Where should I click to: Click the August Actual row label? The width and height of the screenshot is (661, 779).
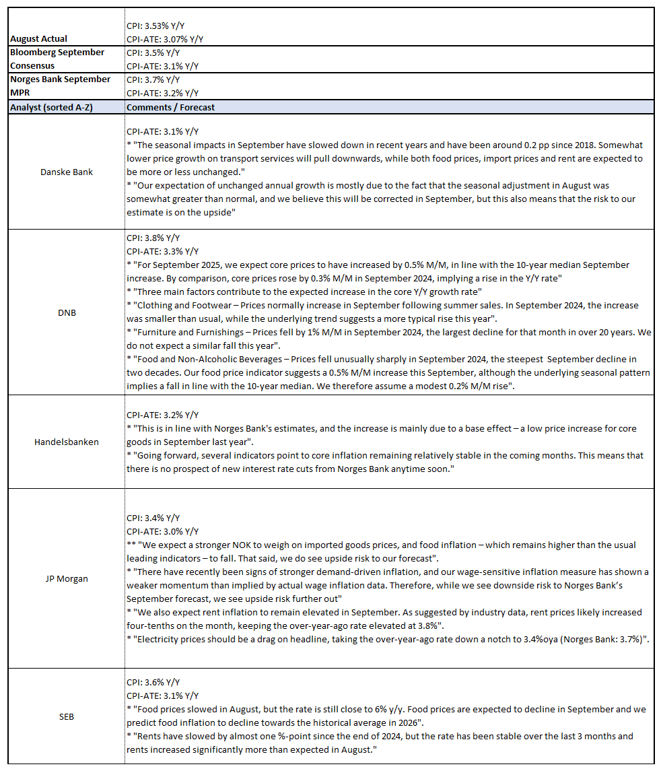click(38, 39)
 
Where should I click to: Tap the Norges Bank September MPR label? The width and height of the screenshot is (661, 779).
click(59, 86)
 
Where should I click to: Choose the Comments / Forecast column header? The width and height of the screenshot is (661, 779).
click(171, 107)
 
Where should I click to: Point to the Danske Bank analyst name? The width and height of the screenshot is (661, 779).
click(67, 172)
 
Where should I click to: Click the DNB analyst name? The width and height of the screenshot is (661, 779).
click(67, 312)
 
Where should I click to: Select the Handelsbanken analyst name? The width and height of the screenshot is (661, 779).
click(67, 442)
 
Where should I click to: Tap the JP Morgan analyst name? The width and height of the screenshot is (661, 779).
click(67, 578)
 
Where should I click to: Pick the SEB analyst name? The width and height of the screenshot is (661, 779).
click(67, 716)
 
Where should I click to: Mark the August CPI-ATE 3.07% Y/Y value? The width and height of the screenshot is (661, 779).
click(165, 39)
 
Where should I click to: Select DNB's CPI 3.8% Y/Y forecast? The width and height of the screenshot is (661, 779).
click(153, 238)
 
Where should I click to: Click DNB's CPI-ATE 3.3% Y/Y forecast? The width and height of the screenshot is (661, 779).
click(162, 252)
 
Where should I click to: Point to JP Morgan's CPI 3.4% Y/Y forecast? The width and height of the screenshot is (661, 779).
click(153, 518)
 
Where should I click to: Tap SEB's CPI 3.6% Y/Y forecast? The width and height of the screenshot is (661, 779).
click(153, 682)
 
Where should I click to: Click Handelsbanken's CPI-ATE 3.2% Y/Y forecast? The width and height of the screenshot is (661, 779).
click(162, 415)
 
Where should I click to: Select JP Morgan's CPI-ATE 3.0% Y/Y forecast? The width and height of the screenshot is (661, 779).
click(162, 531)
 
